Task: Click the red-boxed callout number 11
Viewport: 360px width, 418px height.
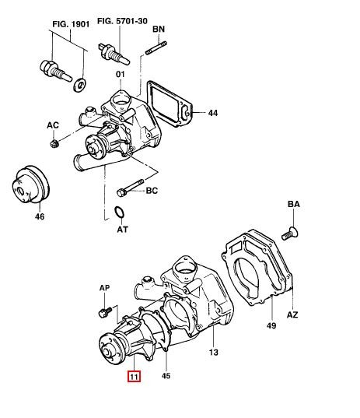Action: point(134,377)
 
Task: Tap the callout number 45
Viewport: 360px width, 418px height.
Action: point(166,376)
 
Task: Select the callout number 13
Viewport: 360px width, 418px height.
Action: point(214,353)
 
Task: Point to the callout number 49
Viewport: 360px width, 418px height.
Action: point(271,325)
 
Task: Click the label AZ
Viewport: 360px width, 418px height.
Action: point(292,314)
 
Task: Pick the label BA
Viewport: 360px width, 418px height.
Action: point(294,204)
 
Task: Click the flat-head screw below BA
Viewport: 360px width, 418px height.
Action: point(290,234)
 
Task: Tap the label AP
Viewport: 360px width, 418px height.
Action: point(104,288)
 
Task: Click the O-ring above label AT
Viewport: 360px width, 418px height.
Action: point(119,212)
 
